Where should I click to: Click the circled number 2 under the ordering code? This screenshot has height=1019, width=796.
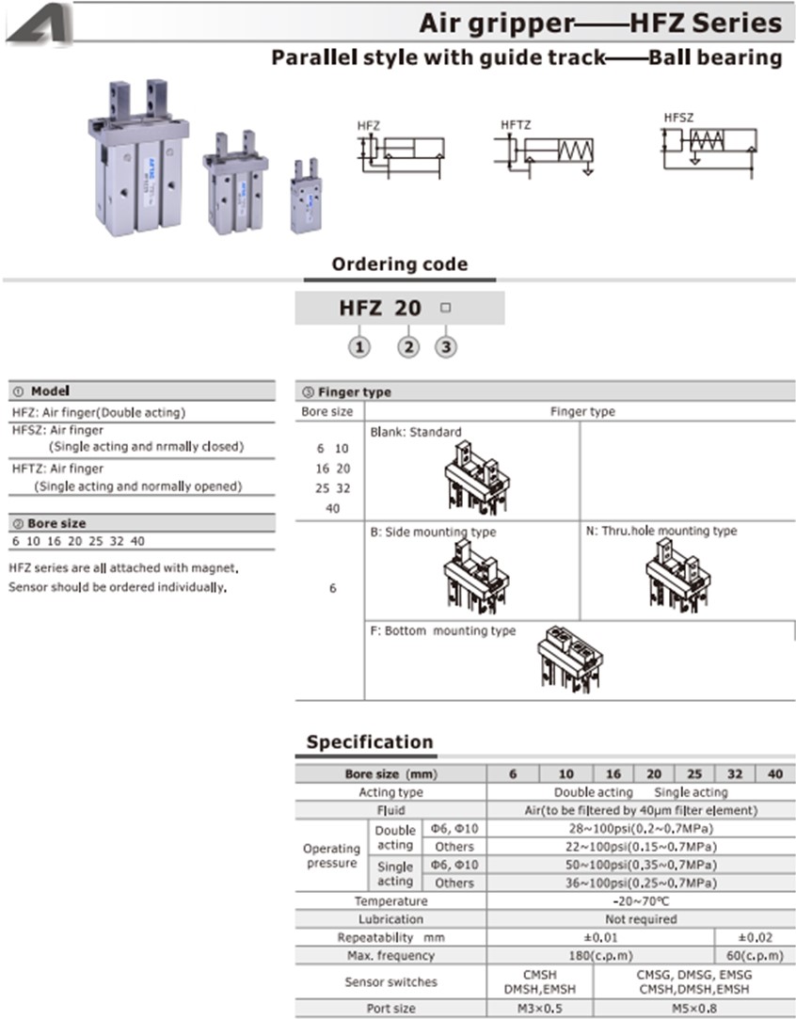pos(407,347)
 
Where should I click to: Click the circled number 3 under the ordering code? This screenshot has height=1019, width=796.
pos(446,347)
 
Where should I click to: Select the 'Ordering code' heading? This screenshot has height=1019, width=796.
pos(399,264)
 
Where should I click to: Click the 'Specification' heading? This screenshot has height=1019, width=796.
pos(370,741)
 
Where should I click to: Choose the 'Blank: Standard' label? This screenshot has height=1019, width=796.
pos(415,432)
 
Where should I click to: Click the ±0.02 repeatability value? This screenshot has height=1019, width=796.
pos(755,937)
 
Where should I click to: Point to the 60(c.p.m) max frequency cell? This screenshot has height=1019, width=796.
pos(755,955)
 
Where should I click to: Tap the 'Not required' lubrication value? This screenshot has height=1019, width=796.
pos(641,919)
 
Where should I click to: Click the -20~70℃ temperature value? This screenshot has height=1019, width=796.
pos(641,901)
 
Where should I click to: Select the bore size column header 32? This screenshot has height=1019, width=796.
pos(735,773)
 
